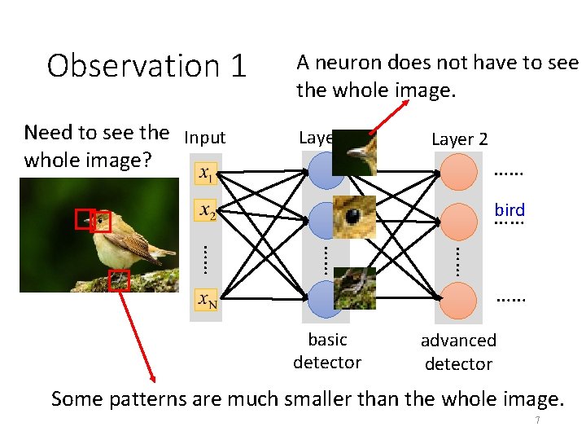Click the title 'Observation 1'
(x=146, y=66)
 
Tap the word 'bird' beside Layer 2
(x=509, y=210)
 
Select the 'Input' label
(x=205, y=138)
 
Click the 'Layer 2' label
(x=459, y=139)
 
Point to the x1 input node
(x=207, y=174)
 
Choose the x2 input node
(x=207, y=212)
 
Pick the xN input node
(x=207, y=300)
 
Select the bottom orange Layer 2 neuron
(x=457, y=300)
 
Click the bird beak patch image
(x=355, y=152)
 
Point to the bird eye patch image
(x=354, y=216)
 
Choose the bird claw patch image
(x=355, y=288)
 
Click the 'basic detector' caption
(x=327, y=350)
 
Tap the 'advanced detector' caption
(x=458, y=352)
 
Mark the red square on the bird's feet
(x=119, y=280)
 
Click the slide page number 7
(x=537, y=420)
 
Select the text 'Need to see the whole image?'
(x=96, y=146)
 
